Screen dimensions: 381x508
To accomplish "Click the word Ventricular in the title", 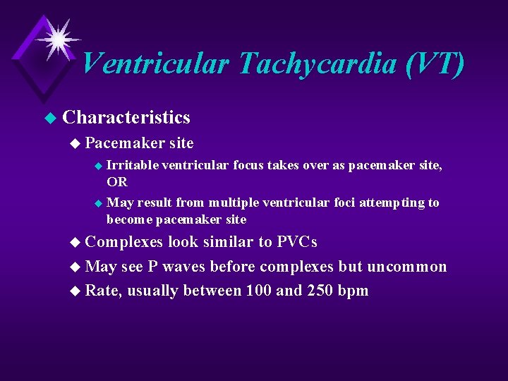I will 156,64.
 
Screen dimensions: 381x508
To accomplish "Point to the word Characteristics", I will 126,117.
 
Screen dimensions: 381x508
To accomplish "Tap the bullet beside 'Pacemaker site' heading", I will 76,144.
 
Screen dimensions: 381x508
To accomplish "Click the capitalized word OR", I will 117,181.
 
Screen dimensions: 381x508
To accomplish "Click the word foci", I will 342,202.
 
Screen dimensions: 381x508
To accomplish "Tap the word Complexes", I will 123,242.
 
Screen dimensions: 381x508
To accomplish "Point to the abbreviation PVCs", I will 296,242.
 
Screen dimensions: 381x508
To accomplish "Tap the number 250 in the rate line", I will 319,291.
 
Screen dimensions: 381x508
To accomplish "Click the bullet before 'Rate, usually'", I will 76,291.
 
